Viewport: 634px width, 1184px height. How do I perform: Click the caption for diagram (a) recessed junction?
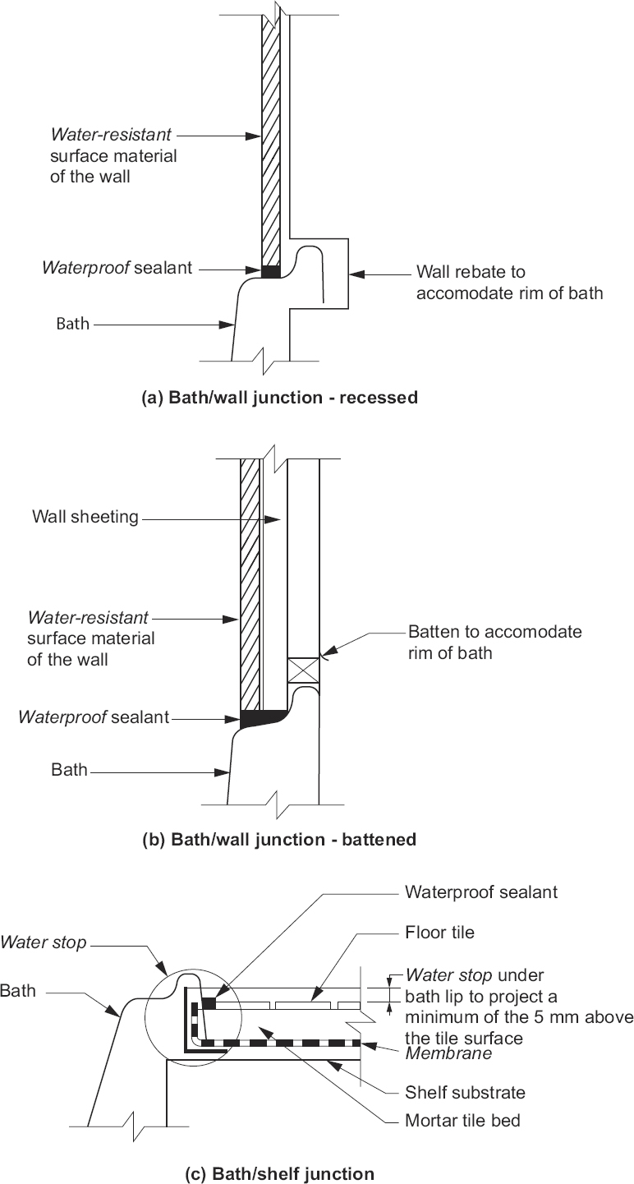[280, 398]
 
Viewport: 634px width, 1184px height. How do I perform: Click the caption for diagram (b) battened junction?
[279, 840]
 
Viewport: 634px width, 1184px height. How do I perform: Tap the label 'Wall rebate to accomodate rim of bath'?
[509, 282]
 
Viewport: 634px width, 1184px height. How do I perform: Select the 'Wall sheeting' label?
[85, 517]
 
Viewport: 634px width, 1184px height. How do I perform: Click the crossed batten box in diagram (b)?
[303, 671]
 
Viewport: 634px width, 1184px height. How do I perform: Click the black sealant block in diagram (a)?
[271, 270]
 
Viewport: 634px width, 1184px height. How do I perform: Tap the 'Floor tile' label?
[439, 933]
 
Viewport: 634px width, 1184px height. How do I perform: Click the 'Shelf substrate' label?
[465, 1092]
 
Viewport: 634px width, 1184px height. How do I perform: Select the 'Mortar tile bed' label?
[462, 1120]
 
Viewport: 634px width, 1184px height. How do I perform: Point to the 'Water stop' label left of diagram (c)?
[44, 942]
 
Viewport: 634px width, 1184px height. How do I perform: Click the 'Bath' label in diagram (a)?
[73, 325]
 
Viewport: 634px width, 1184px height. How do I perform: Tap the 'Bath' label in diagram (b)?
[69, 770]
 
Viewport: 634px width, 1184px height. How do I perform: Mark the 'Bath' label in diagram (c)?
[18, 991]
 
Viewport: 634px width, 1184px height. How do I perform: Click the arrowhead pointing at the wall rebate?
[355, 272]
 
